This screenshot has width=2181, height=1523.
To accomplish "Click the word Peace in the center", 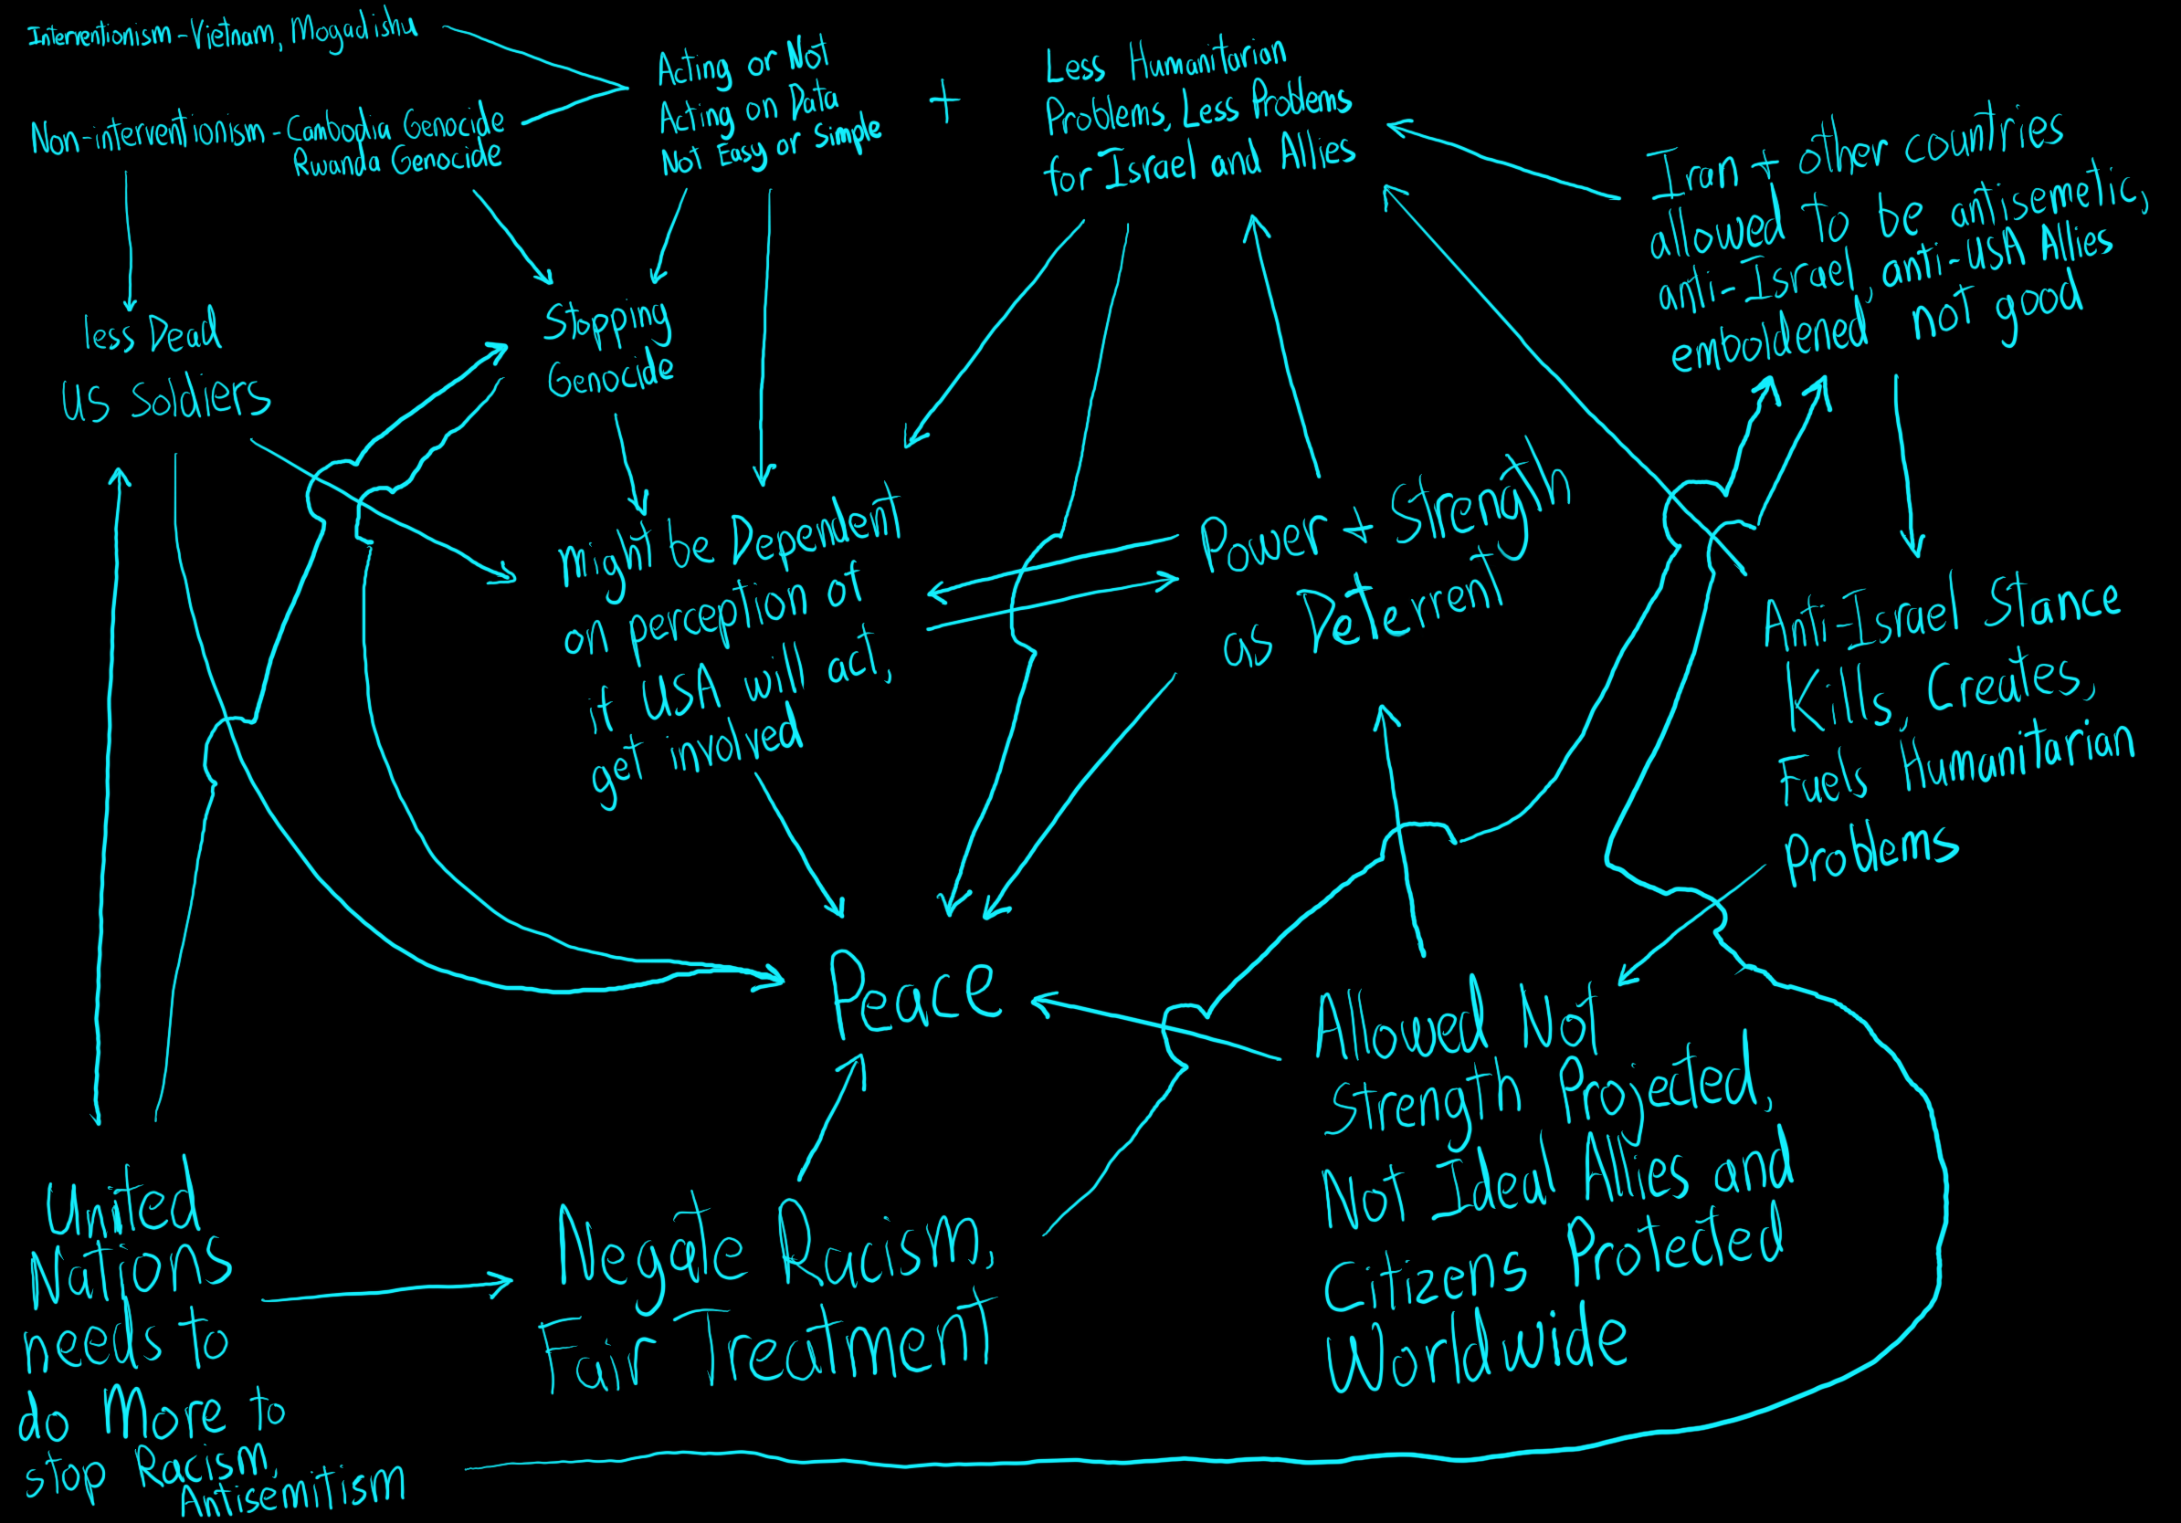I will coord(915,995).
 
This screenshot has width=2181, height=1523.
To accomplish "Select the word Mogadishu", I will coord(353,30).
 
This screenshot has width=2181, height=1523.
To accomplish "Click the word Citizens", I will coord(1425,1280).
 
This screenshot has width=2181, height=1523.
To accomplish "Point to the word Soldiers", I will coord(200,398).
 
